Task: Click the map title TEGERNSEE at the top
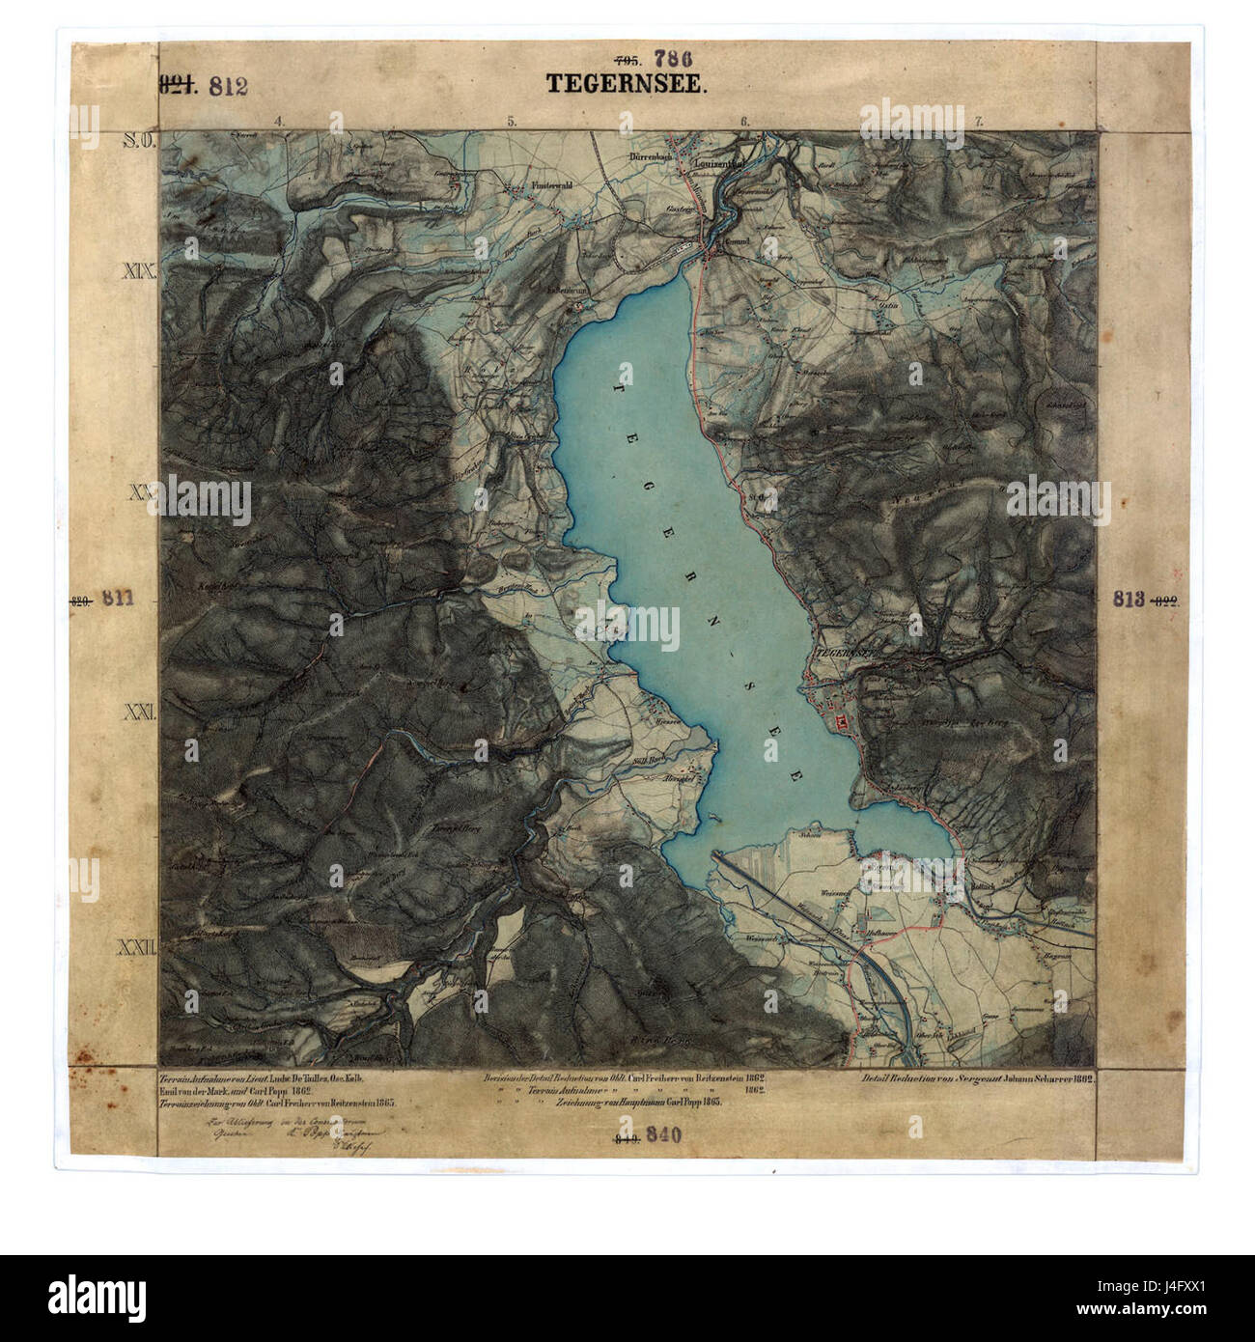[x=627, y=84]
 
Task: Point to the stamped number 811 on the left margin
[x=117, y=599]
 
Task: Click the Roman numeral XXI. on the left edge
[x=140, y=713]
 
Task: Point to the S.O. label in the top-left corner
[x=139, y=142]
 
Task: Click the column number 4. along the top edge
[x=278, y=122]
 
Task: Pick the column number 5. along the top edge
[x=511, y=122]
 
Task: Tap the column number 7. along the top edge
[x=979, y=122]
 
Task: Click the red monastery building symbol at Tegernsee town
[x=840, y=721]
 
